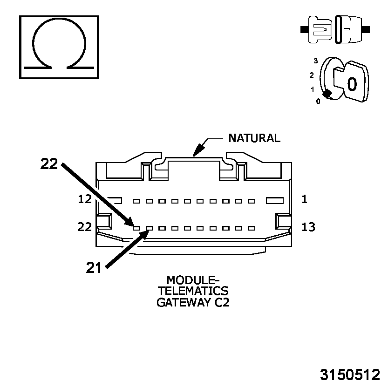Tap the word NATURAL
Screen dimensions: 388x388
tap(254, 138)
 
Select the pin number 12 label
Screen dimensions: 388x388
tap(85, 199)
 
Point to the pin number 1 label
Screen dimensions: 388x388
tap(304, 199)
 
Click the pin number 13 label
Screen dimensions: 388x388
tap(308, 227)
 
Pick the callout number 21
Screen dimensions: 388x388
tap(94, 267)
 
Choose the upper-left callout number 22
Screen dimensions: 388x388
tap(49, 163)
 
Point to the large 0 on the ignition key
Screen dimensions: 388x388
tap(352, 83)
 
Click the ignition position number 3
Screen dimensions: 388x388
tap(315, 61)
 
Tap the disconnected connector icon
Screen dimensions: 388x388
tap(335, 29)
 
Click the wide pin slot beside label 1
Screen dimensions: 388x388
tap(274, 200)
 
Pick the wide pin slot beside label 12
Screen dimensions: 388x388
tap(114, 201)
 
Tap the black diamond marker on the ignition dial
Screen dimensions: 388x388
tap(327, 94)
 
